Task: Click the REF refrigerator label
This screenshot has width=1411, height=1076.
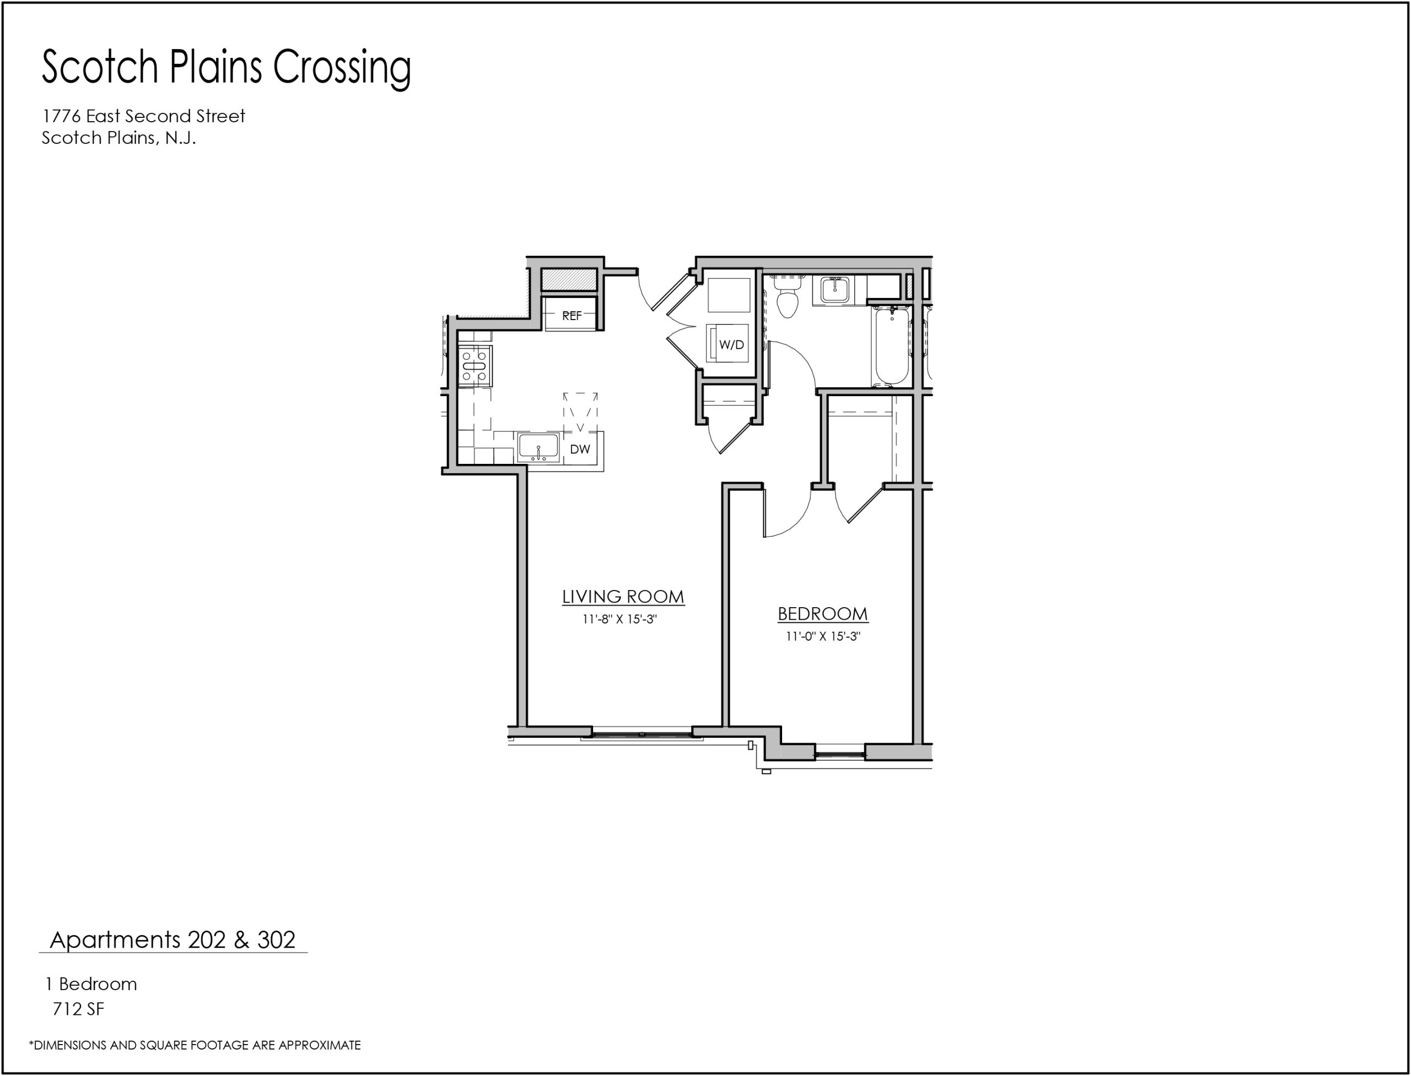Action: coord(572,316)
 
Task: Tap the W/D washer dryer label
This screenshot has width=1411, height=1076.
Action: coord(731,344)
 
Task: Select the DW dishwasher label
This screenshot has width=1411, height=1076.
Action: coord(580,450)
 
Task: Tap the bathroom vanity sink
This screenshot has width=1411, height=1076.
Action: coord(836,290)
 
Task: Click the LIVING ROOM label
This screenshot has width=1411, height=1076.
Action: coord(623,597)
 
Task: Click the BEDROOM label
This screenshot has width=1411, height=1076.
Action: coord(823,614)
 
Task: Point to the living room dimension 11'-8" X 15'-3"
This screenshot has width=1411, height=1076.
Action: coord(620,619)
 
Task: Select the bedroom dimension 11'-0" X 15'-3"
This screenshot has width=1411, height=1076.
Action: coord(823,637)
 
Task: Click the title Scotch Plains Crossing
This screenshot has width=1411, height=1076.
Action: coord(226,68)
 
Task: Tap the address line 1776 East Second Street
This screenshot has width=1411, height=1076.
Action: coord(143,116)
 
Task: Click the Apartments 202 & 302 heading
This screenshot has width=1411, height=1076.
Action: coord(173,939)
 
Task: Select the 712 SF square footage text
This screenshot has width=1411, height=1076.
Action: coord(78,1009)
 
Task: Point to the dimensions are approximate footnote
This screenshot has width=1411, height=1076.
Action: coord(195,1045)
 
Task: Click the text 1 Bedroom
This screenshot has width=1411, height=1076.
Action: coord(90,984)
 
